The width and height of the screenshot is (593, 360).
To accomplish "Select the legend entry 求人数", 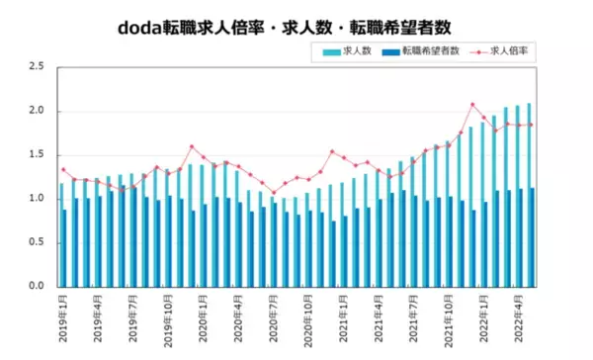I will [357, 49].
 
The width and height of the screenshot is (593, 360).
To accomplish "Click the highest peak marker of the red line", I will [472, 104].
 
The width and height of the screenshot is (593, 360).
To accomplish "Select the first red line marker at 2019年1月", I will [63, 169].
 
